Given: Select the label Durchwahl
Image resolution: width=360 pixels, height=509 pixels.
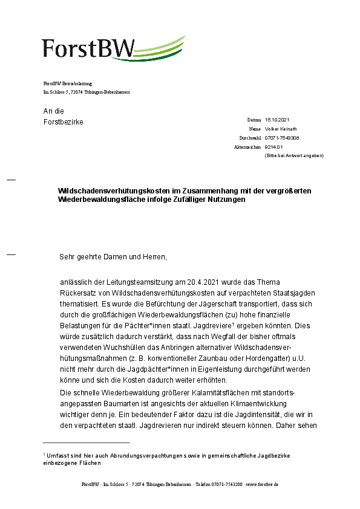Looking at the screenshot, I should point(250,138).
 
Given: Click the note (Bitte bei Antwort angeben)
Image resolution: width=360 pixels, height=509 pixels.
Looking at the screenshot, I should point(294,156).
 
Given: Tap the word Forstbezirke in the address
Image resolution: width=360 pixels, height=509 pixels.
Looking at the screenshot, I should point(63,122).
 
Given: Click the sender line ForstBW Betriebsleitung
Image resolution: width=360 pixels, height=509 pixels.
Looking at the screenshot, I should point(68,83).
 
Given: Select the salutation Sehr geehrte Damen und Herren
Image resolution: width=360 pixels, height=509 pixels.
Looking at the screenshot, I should point(113,257).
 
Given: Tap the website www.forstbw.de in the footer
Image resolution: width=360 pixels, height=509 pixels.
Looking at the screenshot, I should point(261,485).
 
